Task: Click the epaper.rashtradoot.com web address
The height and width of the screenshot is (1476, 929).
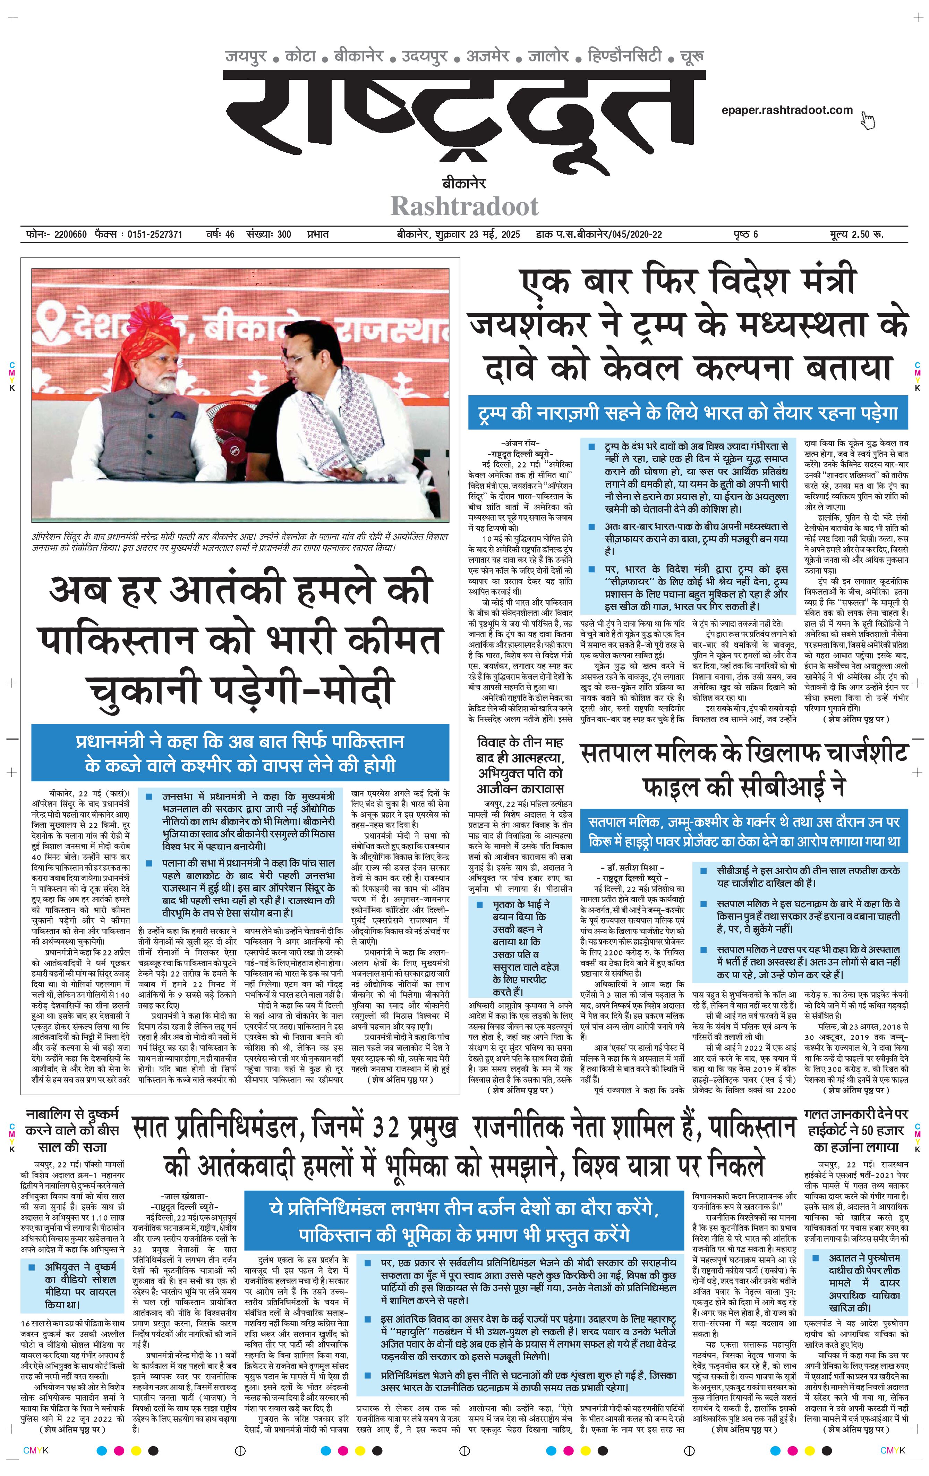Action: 787,110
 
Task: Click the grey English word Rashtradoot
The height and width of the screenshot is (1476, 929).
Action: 464,206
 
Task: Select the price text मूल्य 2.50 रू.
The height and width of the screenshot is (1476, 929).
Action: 857,234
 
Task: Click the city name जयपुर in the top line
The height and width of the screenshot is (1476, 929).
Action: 246,56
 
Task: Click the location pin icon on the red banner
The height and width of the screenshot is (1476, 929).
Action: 52,323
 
